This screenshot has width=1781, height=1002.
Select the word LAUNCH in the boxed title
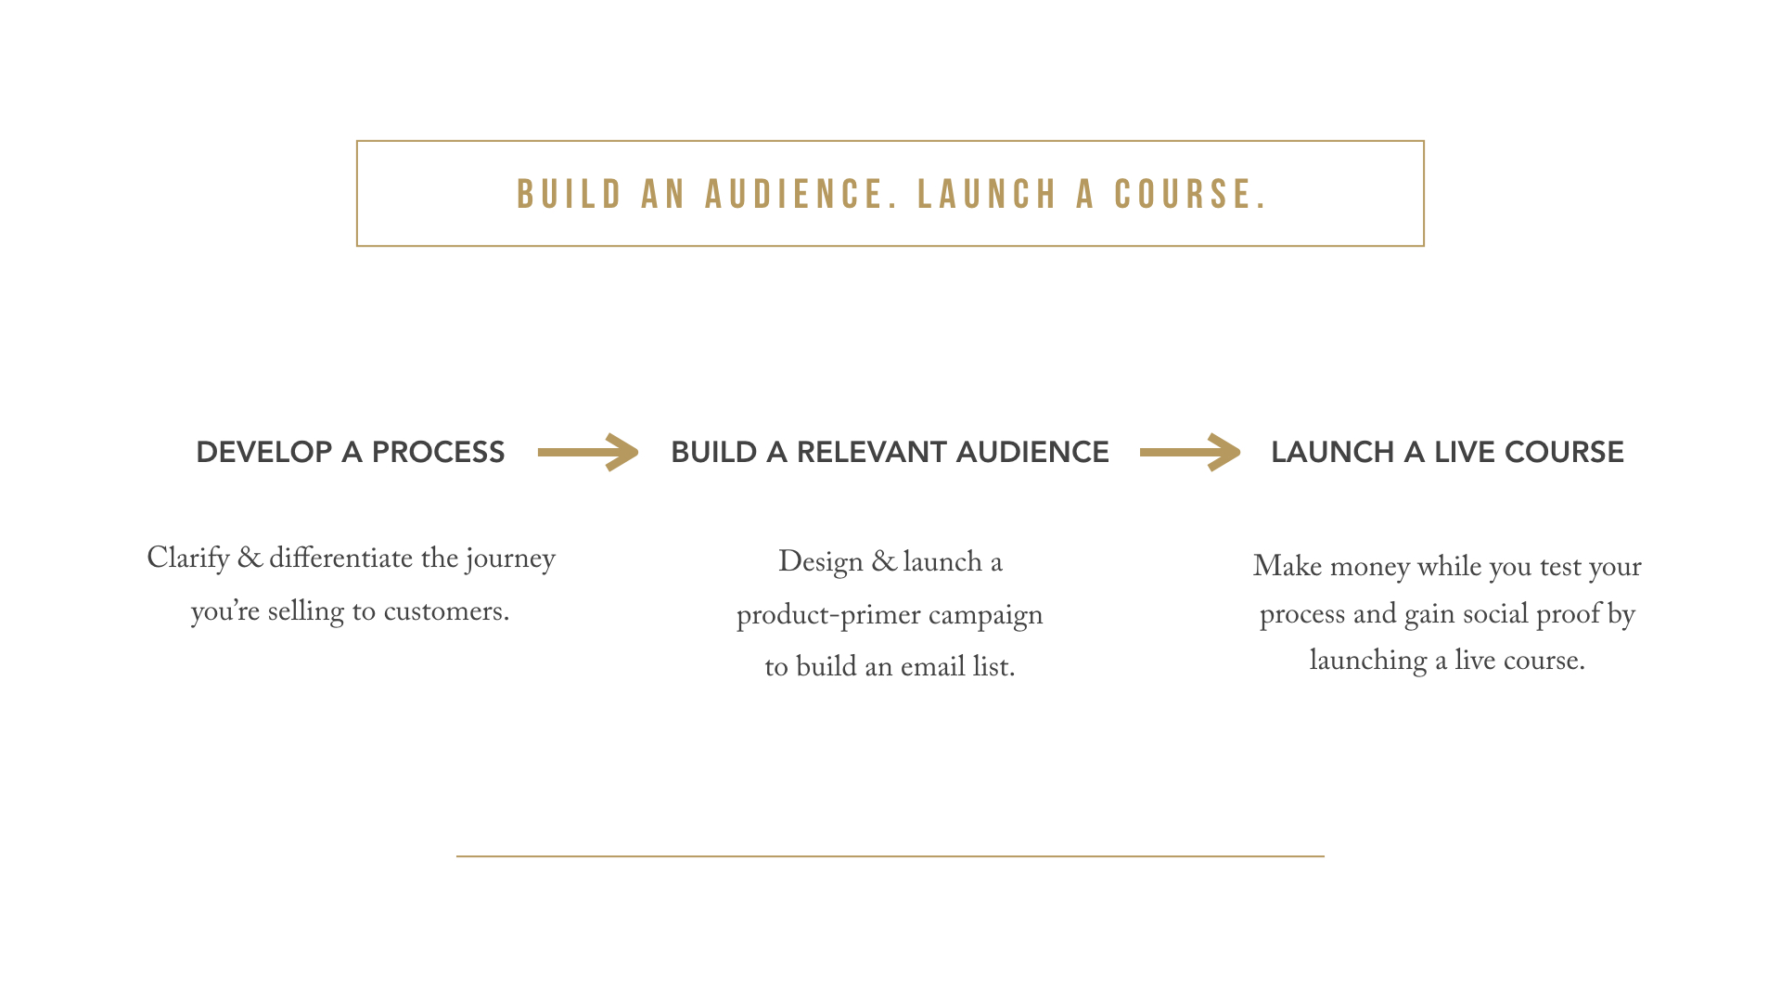pos(987,195)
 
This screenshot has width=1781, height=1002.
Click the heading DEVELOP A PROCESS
pos(351,452)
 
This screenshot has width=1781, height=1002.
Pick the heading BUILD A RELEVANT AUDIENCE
pos(890,452)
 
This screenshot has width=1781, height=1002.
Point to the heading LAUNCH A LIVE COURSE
pos(1447,452)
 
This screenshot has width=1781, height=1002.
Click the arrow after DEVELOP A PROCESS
pos(588,452)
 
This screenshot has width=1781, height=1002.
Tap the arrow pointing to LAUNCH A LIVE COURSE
pos(1190,452)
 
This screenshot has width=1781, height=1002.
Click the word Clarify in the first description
pos(188,559)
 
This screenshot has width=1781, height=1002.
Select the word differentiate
pos(340,559)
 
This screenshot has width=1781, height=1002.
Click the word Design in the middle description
pos(821,562)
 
